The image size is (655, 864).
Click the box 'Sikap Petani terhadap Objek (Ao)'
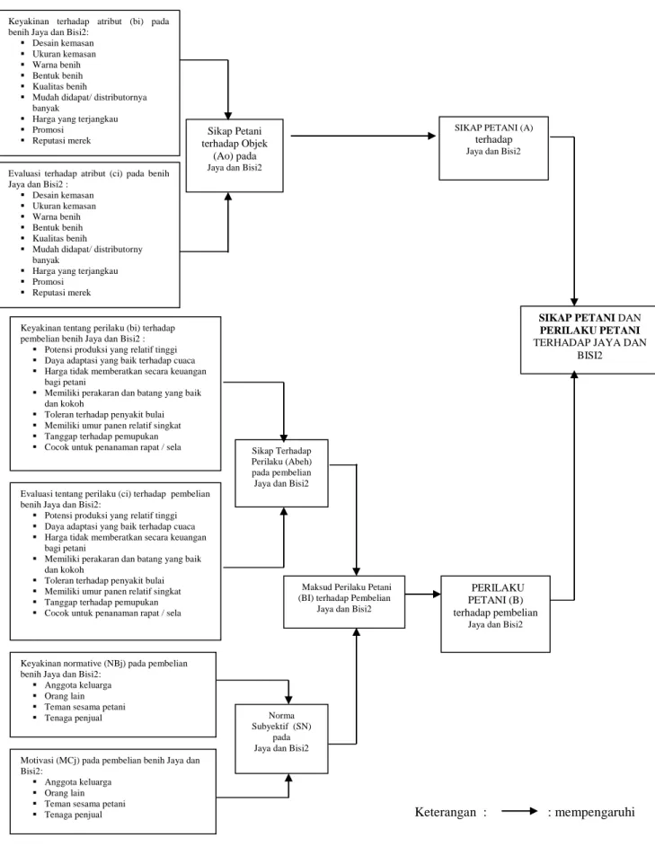point(235,155)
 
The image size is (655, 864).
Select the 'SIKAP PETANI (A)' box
point(493,147)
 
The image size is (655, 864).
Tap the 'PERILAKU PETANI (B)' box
point(496,613)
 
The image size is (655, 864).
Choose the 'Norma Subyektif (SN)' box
point(281,739)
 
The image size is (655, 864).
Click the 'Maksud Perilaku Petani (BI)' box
point(344,602)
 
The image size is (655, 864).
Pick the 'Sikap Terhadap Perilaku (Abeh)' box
point(281,472)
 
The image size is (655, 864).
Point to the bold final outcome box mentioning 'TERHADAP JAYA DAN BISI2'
point(589,340)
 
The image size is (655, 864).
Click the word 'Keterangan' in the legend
point(445,812)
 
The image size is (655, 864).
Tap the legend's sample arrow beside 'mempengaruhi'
point(519,811)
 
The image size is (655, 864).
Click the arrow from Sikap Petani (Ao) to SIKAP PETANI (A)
point(363,136)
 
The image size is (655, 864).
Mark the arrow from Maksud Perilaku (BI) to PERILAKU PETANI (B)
point(423,594)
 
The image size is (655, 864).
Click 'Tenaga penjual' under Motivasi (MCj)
point(74,815)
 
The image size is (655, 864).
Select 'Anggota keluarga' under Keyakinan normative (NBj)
point(78,685)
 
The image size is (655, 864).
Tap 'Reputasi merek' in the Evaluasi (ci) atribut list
point(61,293)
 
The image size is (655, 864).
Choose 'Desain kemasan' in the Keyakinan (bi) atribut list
point(63,43)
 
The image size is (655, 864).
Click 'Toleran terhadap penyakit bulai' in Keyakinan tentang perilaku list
point(104,414)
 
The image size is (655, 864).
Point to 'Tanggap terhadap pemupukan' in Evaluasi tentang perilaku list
point(102,603)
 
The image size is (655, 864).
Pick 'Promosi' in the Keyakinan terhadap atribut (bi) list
point(48,129)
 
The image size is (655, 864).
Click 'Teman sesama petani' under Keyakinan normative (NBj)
point(84,707)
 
